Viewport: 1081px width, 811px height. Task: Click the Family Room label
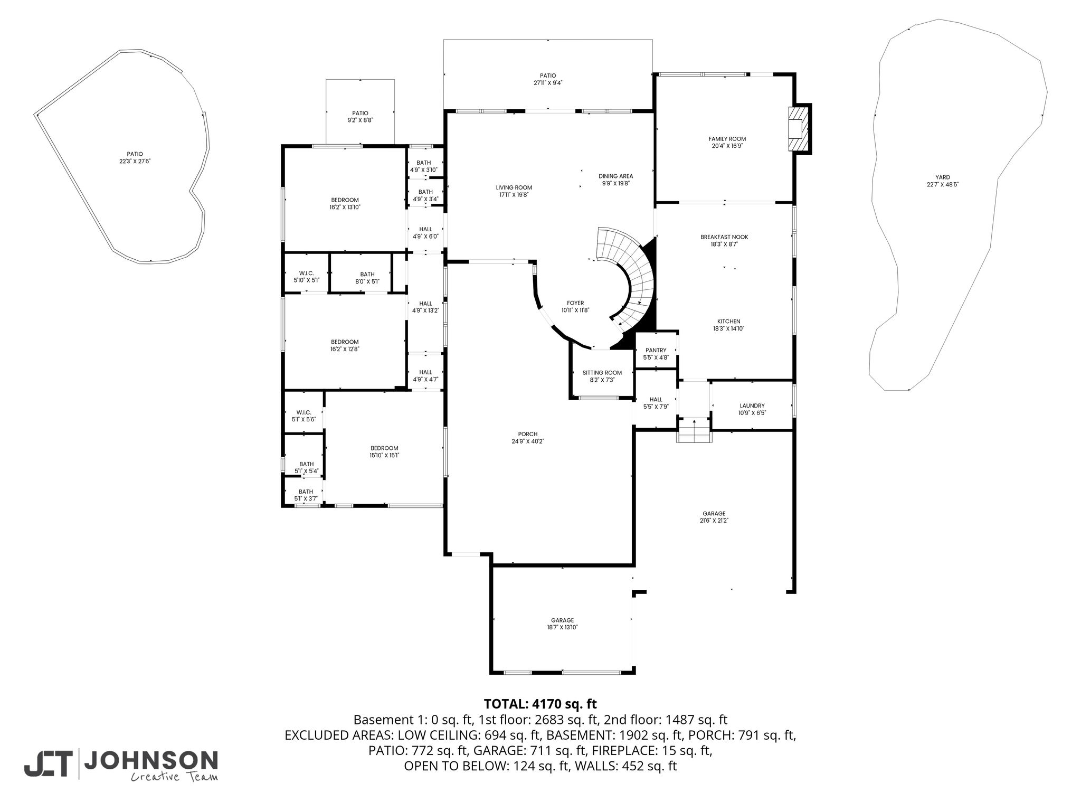[x=727, y=139]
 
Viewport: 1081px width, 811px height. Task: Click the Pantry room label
[x=656, y=350]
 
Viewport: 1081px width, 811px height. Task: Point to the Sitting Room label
[x=602, y=373]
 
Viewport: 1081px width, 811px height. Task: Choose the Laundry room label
[x=752, y=405]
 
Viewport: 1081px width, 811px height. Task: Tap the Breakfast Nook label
[x=724, y=237]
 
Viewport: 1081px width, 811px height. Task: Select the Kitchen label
[x=728, y=321]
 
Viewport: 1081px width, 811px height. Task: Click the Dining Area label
[x=615, y=176]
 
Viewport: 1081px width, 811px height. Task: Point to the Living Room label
[x=514, y=187]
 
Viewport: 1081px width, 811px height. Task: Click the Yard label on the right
[x=942, y=177]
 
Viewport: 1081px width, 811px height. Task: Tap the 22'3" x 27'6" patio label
[x=135, y=162]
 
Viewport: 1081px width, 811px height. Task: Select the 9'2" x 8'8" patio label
[x=360, y=120]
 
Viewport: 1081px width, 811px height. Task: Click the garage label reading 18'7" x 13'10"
[x=562, y=627]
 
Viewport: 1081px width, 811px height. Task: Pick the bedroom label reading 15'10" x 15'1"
[x=384, y=455]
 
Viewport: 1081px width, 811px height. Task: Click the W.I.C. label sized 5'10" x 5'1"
[x=306, y=280]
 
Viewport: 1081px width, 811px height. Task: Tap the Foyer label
[x=575, y=303]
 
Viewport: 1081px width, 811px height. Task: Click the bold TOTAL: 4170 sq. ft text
[x=540, y=704]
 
